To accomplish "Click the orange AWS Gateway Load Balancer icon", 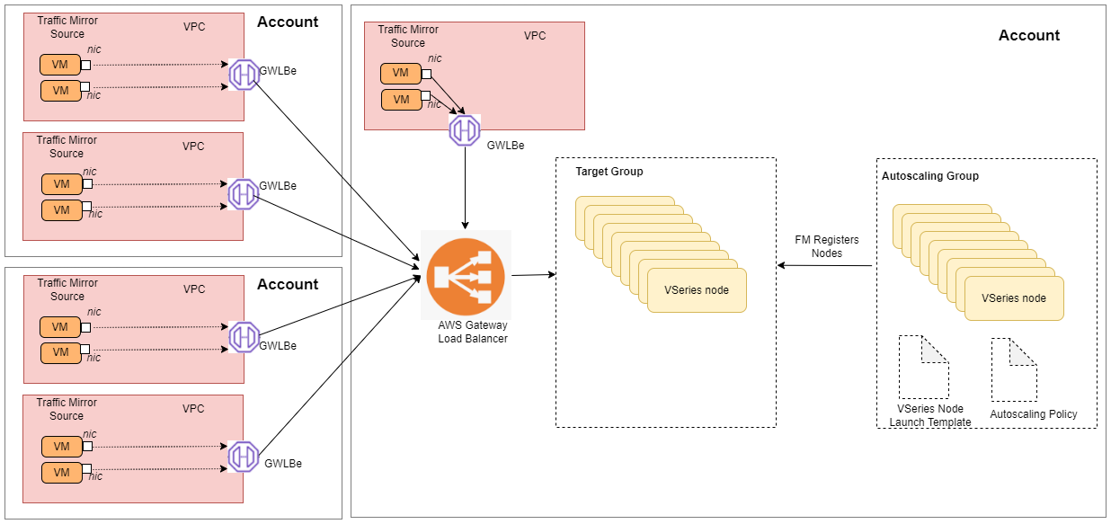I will tap(466, 275).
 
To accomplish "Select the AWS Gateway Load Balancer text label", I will tap(473, 331).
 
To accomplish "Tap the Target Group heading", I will tap(609, 172).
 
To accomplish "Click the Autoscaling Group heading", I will tap(930, 176).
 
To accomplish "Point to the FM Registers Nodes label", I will tap(827, 246).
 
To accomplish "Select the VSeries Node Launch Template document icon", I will tap(923, 367).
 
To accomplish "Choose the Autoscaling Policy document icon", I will tap(1016, 369).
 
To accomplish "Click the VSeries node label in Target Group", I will tap(697, 290).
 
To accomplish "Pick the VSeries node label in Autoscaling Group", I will tap(1013, 298).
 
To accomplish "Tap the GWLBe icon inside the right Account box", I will tap(465, 131).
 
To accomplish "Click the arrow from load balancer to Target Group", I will tap(531, 274).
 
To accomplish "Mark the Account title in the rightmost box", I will tap(1029, 36).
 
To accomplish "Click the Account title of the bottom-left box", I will tap(288, 284).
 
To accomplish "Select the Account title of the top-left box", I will tap(288, 22).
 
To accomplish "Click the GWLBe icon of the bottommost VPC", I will tap(244, 457).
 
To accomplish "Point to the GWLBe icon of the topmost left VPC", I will tap(244, 75).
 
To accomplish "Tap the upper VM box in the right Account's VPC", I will tap(400, 74).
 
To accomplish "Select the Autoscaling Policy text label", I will tap(1033, 414).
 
